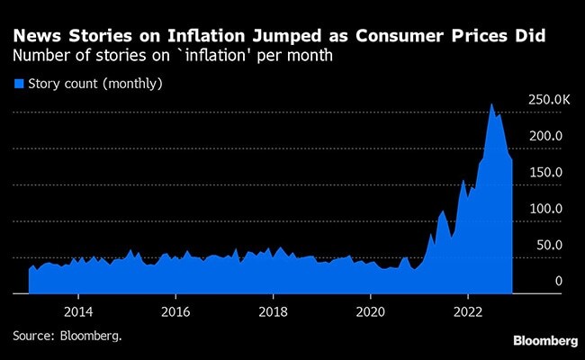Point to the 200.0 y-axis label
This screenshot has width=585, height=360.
(x=547, y=136)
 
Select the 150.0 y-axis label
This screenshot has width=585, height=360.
(x=547, y=172)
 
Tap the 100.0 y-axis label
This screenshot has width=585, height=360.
(x=547, y=209)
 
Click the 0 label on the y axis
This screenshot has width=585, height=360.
(x=559, y=282)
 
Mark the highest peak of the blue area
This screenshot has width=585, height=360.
(x=491, y=103)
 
